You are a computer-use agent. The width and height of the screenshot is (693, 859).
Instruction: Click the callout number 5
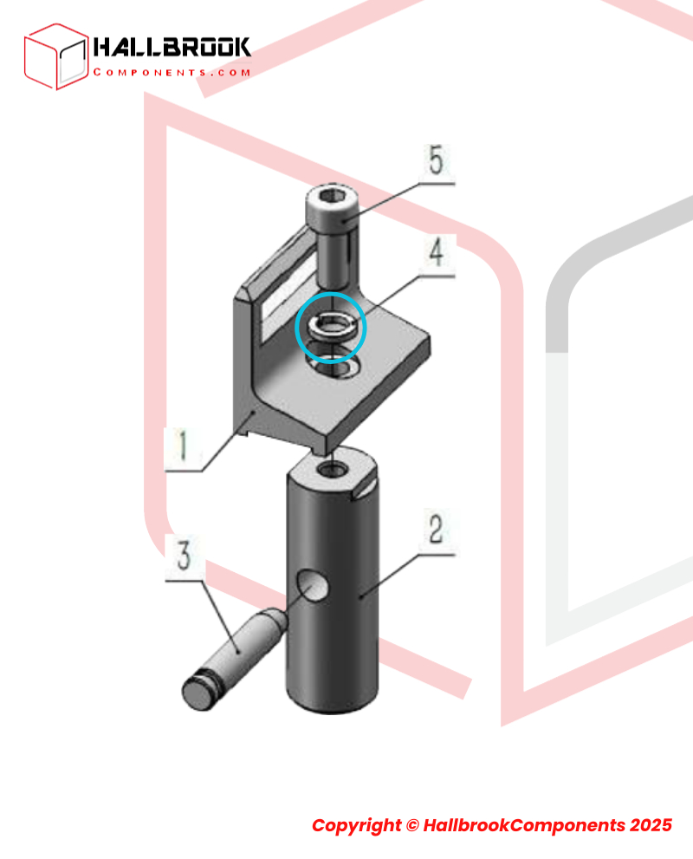[436, 160]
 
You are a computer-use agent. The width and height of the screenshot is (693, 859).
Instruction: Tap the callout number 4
[436, 252]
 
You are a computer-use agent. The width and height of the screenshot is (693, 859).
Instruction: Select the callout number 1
[184, 445]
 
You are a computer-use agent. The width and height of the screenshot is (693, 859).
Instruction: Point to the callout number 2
[436, 529]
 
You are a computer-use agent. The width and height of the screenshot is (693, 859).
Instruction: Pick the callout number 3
[185, 555]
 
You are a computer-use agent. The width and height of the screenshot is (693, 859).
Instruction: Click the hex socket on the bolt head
[333, 197]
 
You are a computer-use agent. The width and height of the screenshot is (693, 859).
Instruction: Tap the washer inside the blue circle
[331, 327]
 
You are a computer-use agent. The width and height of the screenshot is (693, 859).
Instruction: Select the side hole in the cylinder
[312, 586]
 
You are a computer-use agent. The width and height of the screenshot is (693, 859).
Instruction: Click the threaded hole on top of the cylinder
[334, 469]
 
